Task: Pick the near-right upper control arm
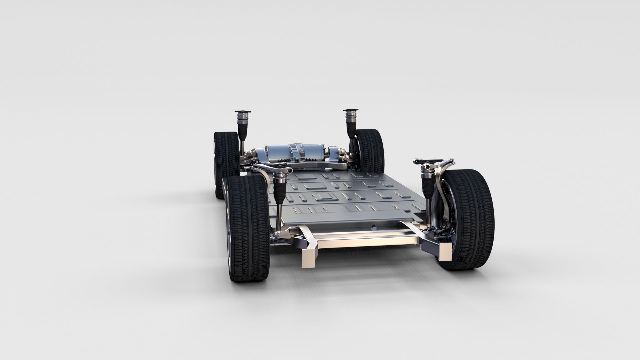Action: pyautogui.click(x=435, y=162)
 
